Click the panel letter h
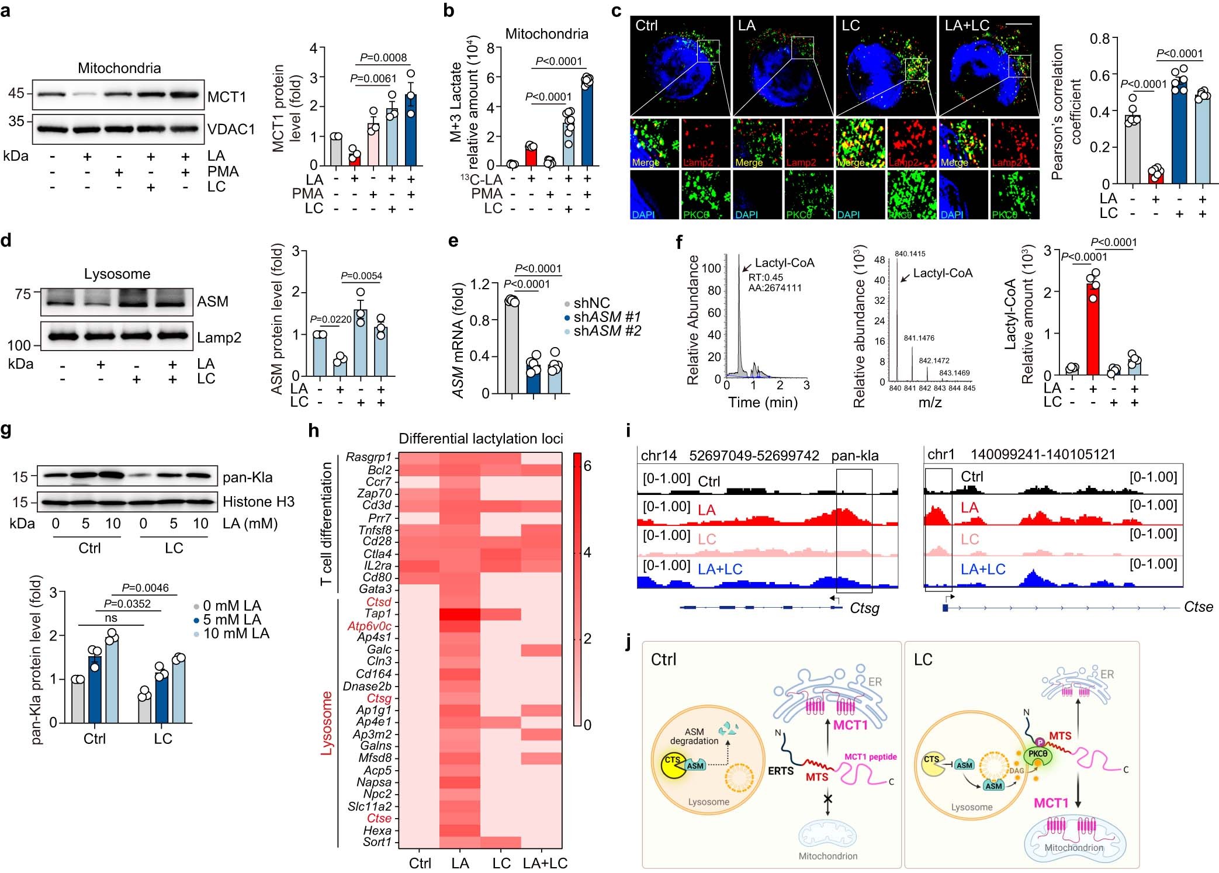click(x=314, y=431)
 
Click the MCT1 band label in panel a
click(x=227, y=97)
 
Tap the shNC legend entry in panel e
click(x=591, y=303)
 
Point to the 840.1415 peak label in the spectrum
click(x=910, y=254)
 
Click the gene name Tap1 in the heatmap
click(x=378, y=614)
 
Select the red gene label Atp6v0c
click(x=369, y=626)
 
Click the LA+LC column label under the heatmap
click(x=545, y=863)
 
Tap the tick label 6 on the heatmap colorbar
click(x=587, y=466)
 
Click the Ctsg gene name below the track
click(x=864, y=608)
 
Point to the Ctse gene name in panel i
click(x=1198, y=607)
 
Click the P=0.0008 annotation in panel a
click(x=383, y=57)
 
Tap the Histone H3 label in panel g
click(x=258, y=501)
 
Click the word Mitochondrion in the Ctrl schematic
click(x=827, y=856)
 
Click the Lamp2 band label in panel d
click(x=219, y=337)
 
